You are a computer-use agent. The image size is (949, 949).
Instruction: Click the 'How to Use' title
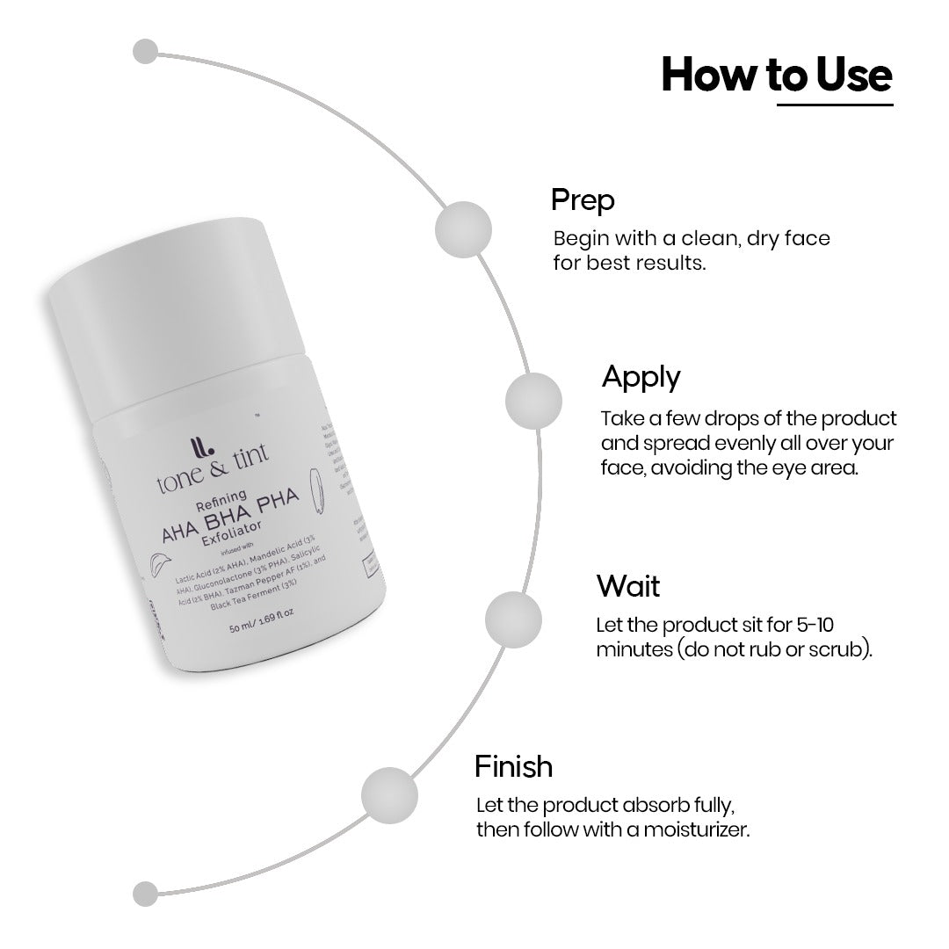776,75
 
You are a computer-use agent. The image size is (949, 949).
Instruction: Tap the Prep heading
583,199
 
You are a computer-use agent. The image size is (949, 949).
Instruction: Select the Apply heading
641,377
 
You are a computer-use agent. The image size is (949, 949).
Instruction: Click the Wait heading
627,585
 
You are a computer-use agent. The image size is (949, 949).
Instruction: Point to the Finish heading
513,766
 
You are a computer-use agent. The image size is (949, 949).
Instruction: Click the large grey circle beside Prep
462,229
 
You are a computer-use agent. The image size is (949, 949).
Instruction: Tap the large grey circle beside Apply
533,400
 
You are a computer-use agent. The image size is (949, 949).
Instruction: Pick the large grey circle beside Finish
389,793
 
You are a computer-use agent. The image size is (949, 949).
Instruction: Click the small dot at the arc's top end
145,51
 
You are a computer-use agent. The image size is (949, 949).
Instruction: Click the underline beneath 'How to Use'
835,105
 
